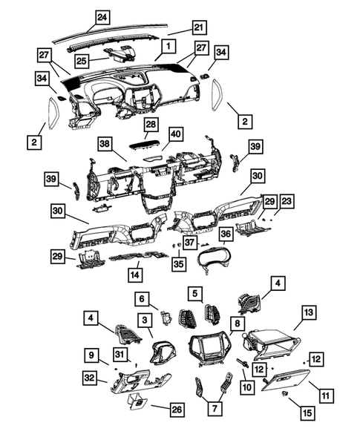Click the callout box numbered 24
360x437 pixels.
[102, 16]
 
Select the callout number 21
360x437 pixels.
[198, 27]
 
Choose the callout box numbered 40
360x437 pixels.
[175, 134]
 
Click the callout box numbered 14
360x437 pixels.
[134, 275]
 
